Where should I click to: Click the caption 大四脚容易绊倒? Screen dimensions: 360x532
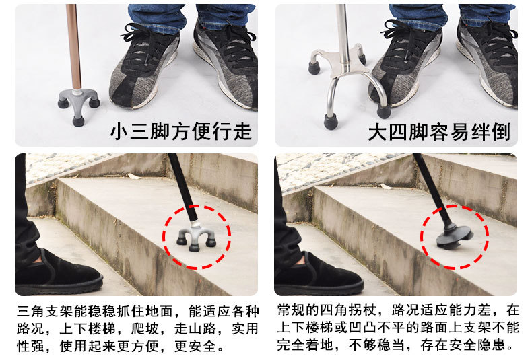click(x=438, y=131)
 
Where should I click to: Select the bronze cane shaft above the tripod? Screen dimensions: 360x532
click(x=73, y=47)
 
